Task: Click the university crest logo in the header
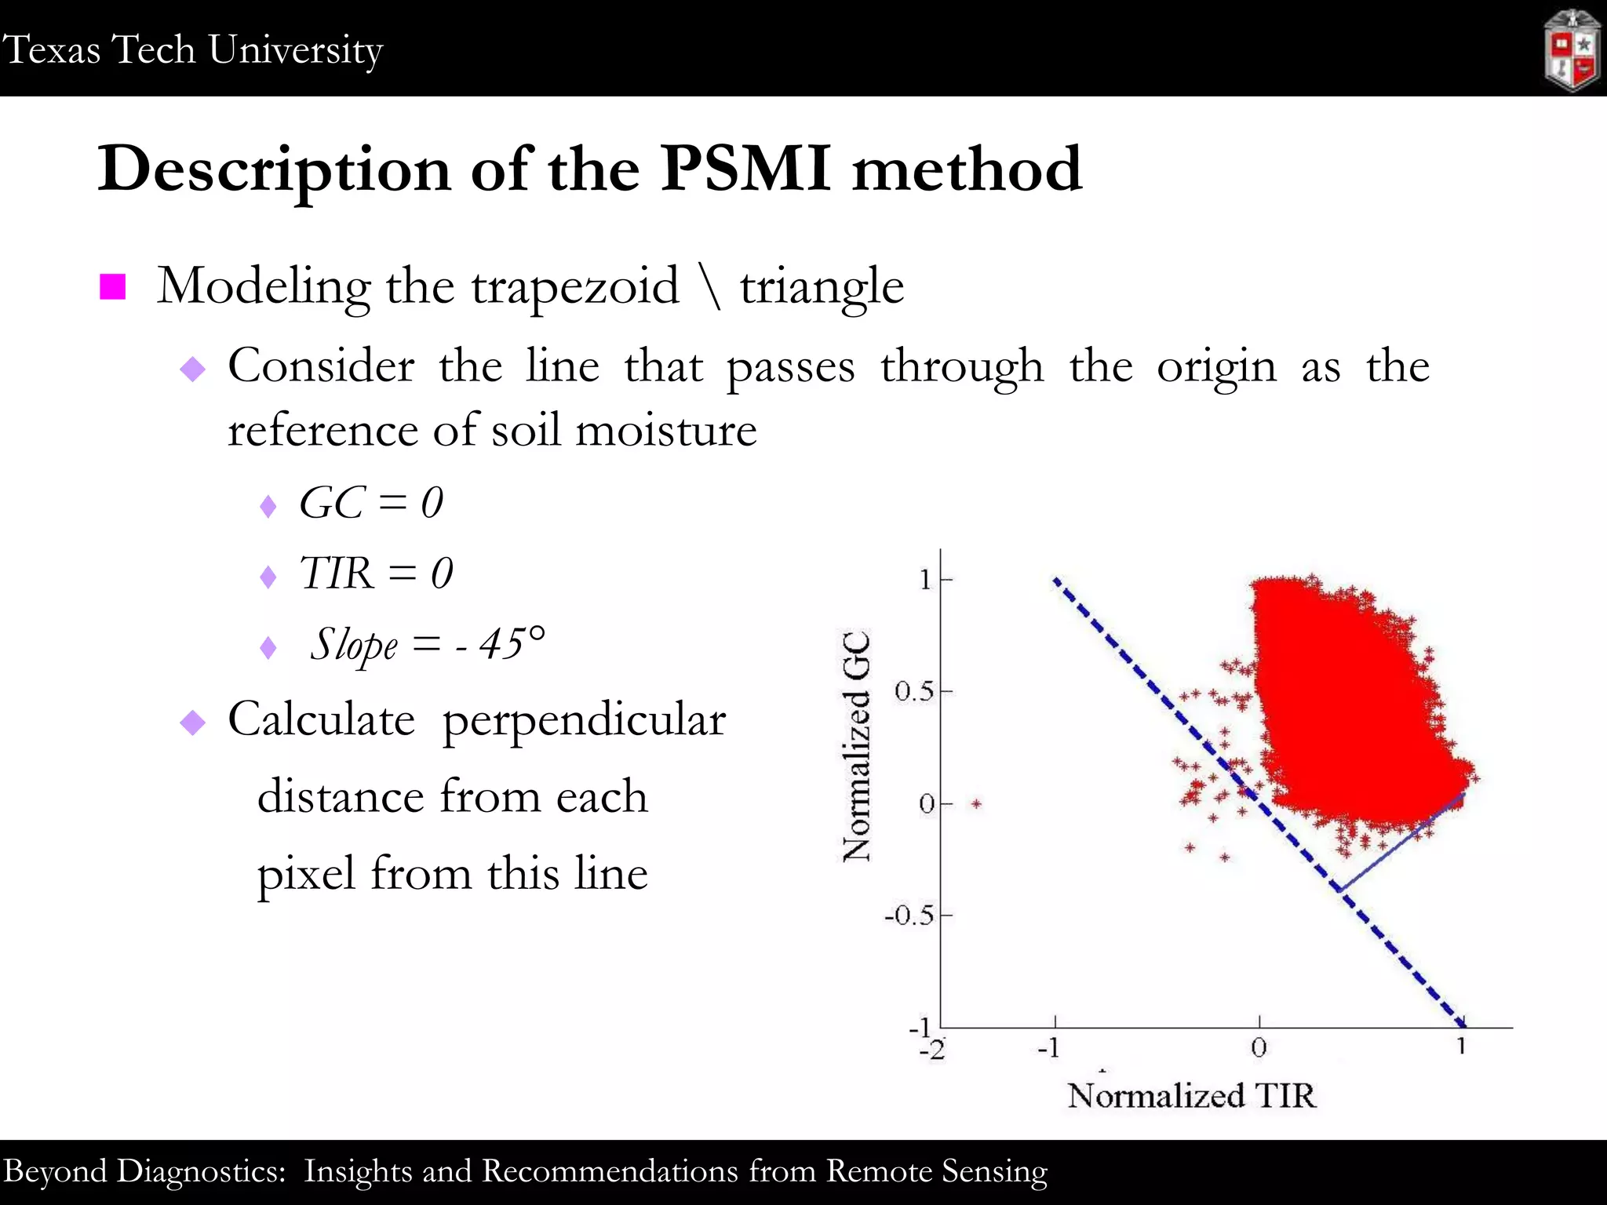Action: click(x=1572, y=51)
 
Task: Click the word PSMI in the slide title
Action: click(x=745, y=169)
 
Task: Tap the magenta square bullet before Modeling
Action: click(x=113, y=287)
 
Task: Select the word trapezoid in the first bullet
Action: click(x=574, y=286)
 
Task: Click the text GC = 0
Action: click(x=371, y=503)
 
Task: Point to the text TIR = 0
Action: click(x=376, y=573)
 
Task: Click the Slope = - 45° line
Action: click(x=427, y=645)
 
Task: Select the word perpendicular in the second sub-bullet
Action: click(x=584, y=719)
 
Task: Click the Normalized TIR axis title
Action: click(x=1190, y=1095)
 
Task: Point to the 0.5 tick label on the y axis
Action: click(x=914, y=692)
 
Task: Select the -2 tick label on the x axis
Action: click(x=932, y=1050)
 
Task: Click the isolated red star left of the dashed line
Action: click(x=976, y=803)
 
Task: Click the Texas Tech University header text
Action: click(x=192, y=49)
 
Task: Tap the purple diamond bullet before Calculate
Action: click(x=192, y=722)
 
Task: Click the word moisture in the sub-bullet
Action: click(x=666, y=431)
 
